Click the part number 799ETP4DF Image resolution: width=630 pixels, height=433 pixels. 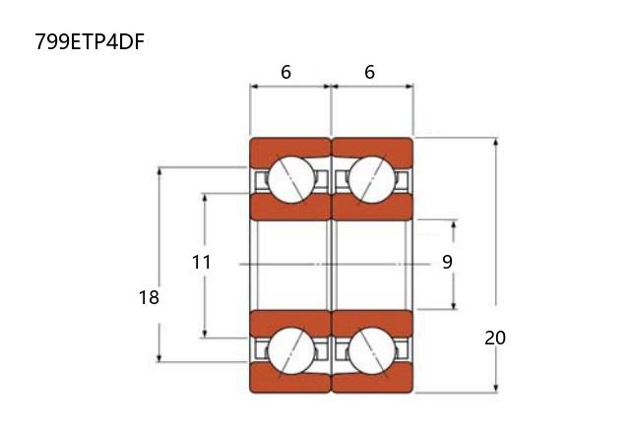point(90,41)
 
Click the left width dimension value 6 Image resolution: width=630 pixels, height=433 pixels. point(285,72)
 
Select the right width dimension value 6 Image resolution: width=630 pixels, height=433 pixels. point(370,72)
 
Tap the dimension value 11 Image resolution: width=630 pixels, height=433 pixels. point(201,263)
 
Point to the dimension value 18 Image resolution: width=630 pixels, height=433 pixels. point(149,297)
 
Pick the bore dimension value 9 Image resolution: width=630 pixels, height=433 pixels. point(447,262)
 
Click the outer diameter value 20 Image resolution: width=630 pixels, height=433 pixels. point(495,339)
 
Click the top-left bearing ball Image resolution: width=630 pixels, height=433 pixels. point(291,179)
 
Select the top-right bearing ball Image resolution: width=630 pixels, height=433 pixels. point(372,179)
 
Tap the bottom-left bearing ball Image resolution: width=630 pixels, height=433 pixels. point(291,351)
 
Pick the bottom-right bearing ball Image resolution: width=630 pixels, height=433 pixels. point(372,351)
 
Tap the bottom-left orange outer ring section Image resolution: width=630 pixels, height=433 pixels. point(290,380)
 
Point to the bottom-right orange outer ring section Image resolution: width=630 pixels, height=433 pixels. point(372,380)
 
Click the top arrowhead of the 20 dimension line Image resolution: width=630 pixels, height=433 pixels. point(496,142)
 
